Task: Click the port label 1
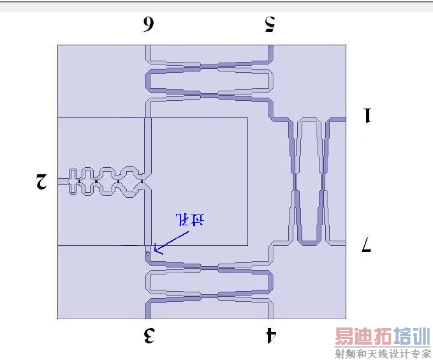coord(367,116)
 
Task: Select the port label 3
coord(149,335)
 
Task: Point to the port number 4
coord(270,335)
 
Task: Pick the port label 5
coord(269,24)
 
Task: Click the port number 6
coord(148,24)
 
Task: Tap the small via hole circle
coord(147,253)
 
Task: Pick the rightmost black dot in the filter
coord(140,182)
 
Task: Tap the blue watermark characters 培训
coord(413,336)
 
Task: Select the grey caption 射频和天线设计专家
coord(383,354)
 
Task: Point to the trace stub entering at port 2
coord(62,181)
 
